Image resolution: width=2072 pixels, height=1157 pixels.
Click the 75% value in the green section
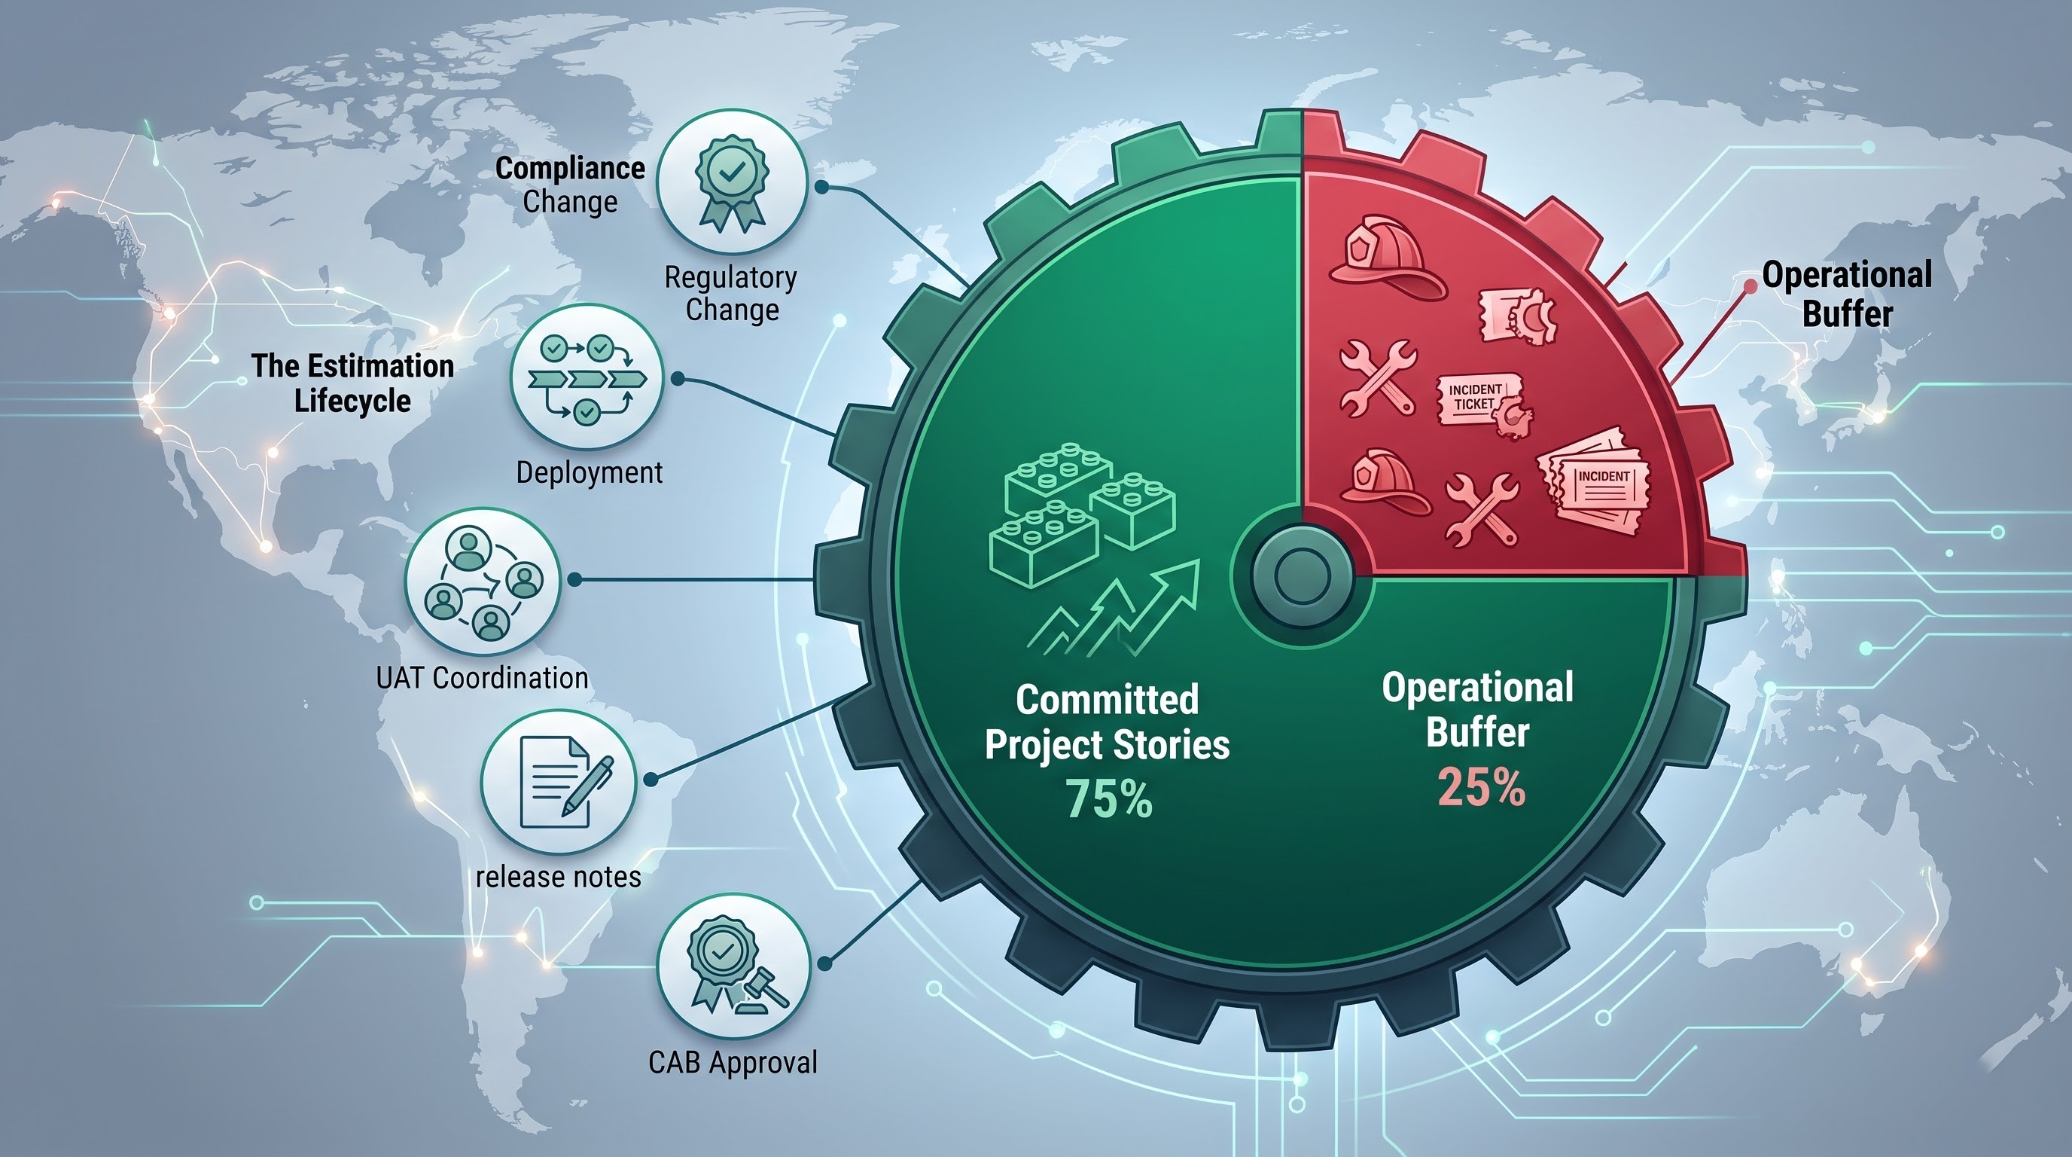click(x=1109, y=798)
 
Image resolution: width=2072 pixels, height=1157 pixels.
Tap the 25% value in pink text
click(x=1481, y=786)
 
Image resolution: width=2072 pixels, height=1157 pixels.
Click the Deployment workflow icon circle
click(x=587, y=378)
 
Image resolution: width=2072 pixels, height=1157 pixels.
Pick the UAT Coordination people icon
click(x=483, y=581)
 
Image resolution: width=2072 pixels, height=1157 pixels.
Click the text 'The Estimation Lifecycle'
click(x=352, y=383)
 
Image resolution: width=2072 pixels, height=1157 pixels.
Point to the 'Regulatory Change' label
click(x=731, y=293)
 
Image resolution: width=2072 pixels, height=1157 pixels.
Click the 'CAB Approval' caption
click(x=733, y=1062)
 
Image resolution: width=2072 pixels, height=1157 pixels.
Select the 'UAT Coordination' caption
click(x=482, y=677)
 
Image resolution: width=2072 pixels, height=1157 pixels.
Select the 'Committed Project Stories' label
click(x=1108, y=722)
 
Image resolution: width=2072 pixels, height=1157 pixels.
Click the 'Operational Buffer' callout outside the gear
click(x=1847, y=295)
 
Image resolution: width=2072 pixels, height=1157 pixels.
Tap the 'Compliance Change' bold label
click(x=570, y=185)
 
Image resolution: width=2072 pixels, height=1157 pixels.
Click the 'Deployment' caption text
click(x=590, y=472)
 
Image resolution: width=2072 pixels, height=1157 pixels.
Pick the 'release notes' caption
click(x=558, y=876)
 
